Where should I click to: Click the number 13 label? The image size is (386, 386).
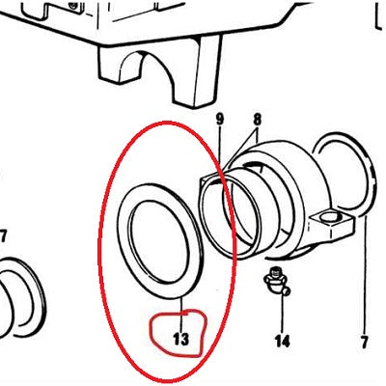181,339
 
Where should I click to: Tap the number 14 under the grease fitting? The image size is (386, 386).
282,341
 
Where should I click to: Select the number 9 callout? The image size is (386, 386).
219,120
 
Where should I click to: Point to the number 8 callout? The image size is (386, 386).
257,120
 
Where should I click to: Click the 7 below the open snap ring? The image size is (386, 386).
364,342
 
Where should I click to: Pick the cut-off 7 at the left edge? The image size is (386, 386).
3,237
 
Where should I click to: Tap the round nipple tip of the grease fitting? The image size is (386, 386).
287,291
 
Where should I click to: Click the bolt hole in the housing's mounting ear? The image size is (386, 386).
329,216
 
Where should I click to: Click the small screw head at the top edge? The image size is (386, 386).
73,4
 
